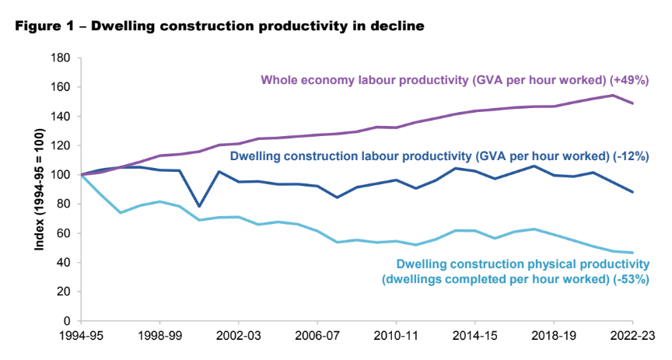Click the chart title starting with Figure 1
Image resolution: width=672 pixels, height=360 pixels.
pyautogui.click(x=219, y=26)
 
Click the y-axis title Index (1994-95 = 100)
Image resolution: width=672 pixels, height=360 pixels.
pyautogui.click(x=38, y=190)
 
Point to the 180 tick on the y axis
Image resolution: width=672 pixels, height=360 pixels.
pyautogui.click(x=61, y=58)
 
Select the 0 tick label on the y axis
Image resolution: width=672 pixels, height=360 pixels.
pyautogui.click(x=68, y=320)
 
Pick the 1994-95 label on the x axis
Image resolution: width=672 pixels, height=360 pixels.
pyautogui.click(x=80, y=336)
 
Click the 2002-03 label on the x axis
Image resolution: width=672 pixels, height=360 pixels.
pyautogui.click(x=238, y=336)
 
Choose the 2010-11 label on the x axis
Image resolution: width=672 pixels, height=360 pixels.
pyautogui.click(x=396, y=336)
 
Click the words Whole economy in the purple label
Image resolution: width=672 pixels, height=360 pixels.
pyautogui.click(x=303, y=79)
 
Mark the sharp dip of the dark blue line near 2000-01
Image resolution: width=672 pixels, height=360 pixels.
pyautogui.click(x=199, y=206)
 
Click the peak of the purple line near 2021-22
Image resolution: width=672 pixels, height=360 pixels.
pyautogui.click(x=613, y=96)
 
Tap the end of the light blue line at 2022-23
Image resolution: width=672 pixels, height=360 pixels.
pyautogui.click(x=633, y=253)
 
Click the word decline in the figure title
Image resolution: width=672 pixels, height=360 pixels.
pyautogui.click(x=402, y=26)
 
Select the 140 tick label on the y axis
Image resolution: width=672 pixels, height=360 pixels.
pyautogui.click(x=61, y=117)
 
